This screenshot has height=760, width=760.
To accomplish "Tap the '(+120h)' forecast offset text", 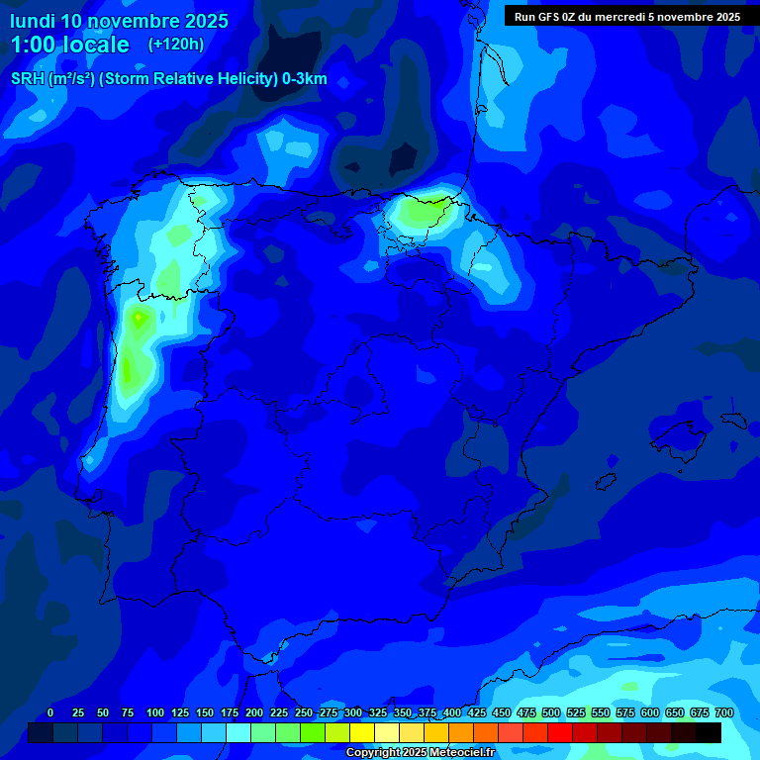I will [x=175, y=44].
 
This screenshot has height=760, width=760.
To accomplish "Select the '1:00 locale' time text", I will [x=69, y=45].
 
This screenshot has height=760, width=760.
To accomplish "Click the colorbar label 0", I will [x=50, y=712].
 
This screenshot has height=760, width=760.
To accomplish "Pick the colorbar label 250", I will [x=304, y=712].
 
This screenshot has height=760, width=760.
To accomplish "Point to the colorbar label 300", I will [x=353, y=712].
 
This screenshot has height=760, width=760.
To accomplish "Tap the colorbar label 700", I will [x=724, y=712].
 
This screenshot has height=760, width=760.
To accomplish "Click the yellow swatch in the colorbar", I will [x=362, y=732].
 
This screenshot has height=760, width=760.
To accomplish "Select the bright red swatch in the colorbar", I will [x=560, y=732].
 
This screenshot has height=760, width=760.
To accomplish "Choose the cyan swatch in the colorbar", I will [x=238, y=732].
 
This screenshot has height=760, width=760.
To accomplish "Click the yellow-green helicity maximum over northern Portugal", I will [x=139, y=318].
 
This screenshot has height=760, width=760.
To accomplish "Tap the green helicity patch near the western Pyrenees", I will [x=421, y=210].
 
